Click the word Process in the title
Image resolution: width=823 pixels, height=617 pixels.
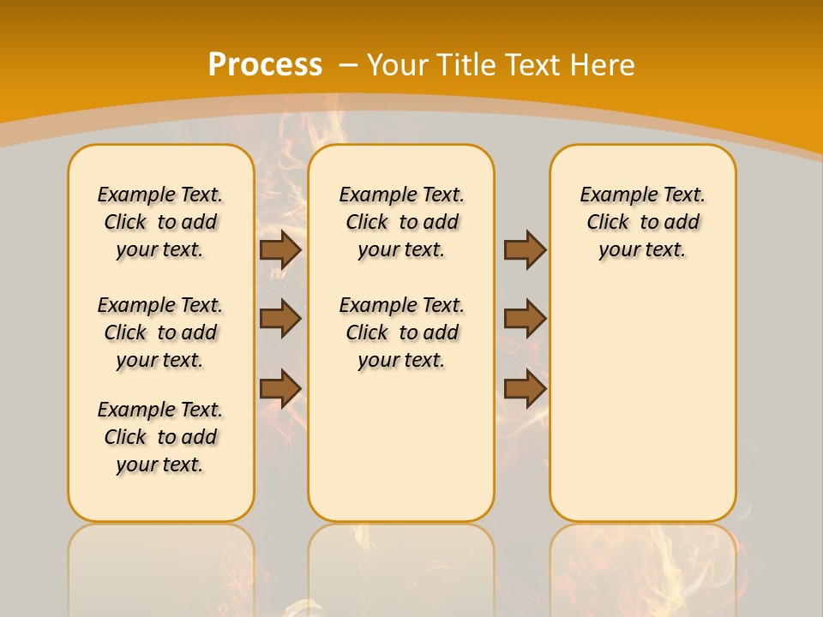pyautogui.click(x=265, y=64)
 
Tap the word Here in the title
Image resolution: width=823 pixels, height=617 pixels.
pyautogui.click(x=604, y=64)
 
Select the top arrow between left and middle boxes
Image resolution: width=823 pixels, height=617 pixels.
pyautogui.click(x=280, y=249)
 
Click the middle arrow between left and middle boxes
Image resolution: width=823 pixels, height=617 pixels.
pyautogui.click(x=280, y=319)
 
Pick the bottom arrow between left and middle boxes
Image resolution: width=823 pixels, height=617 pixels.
pyautogui.click(x=280, y=388)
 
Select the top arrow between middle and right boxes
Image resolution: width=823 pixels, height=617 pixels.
pyautogui.click(x=525, y=249)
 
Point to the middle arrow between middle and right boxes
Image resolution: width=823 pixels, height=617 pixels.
pyautogui.click(x=525, y=319)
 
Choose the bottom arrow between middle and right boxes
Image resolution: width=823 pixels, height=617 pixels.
pyautogui.click(x=525, y=388)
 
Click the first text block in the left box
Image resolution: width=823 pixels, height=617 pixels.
pyautogui.click(x=160, y=222)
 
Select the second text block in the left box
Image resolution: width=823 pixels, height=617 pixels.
pyautogui.click(x=160, y=332)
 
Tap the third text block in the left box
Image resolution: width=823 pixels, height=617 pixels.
pyautogui.click(x=160, y=437)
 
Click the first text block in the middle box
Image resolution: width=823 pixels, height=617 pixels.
pyautogui.click(x=401, y=222)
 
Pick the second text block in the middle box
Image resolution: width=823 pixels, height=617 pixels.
pyautogui.click(x=401, y=332)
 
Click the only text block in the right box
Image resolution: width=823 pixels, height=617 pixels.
pyautogui.click(x=642, y=222)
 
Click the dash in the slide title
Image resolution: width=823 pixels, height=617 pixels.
pyautogui.click(x=349, y=64)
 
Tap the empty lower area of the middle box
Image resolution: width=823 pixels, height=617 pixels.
pyautogui.click(x=401, y=446)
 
